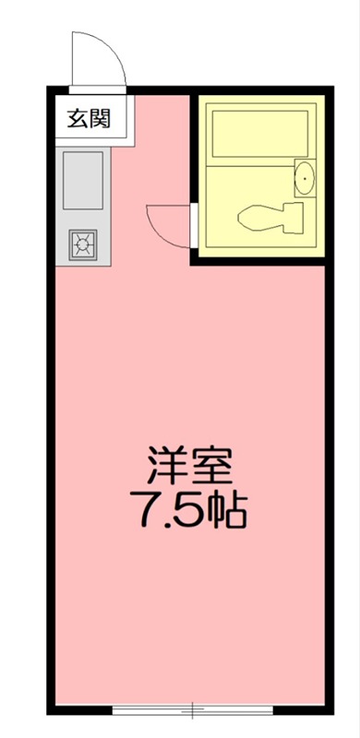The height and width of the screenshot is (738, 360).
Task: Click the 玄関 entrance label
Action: (x=89, y=118)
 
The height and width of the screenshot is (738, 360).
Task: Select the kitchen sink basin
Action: (x=82, y=181)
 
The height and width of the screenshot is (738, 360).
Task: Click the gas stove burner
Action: (x=82, y=244)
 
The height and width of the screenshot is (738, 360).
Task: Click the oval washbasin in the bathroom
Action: (x=305, y=177)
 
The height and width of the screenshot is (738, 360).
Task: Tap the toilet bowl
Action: (x=260, y=218)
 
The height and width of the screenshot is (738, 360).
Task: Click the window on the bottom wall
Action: (x=193, y=709)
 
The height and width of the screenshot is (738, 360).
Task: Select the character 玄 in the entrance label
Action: (x=77, y=118)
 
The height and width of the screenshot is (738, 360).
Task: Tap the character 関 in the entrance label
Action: (x=101, y=118)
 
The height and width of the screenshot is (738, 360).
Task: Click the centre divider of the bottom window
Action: (x=193, y=709)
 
